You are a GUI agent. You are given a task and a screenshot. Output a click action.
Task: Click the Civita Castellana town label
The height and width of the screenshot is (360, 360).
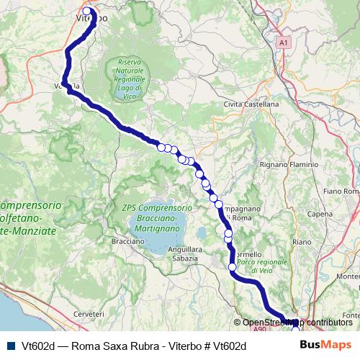tap(251, 104)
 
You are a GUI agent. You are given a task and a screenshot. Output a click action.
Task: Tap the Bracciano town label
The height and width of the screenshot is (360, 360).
tap(127, 241)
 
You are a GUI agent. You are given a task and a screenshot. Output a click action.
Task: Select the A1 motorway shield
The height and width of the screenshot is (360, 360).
tap(283, 43)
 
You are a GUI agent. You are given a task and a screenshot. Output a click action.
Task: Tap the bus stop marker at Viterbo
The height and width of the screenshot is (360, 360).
tap(87, 11)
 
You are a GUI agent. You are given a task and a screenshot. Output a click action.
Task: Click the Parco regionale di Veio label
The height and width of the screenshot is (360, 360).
tap(262, 261)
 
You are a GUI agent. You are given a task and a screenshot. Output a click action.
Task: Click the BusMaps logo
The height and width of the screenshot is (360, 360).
tap(325, 346)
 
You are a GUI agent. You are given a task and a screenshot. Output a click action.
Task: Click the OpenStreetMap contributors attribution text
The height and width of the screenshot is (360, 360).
tap(297, 323)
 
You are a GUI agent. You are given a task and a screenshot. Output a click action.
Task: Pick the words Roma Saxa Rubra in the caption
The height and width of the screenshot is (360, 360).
tap(105, 346)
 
